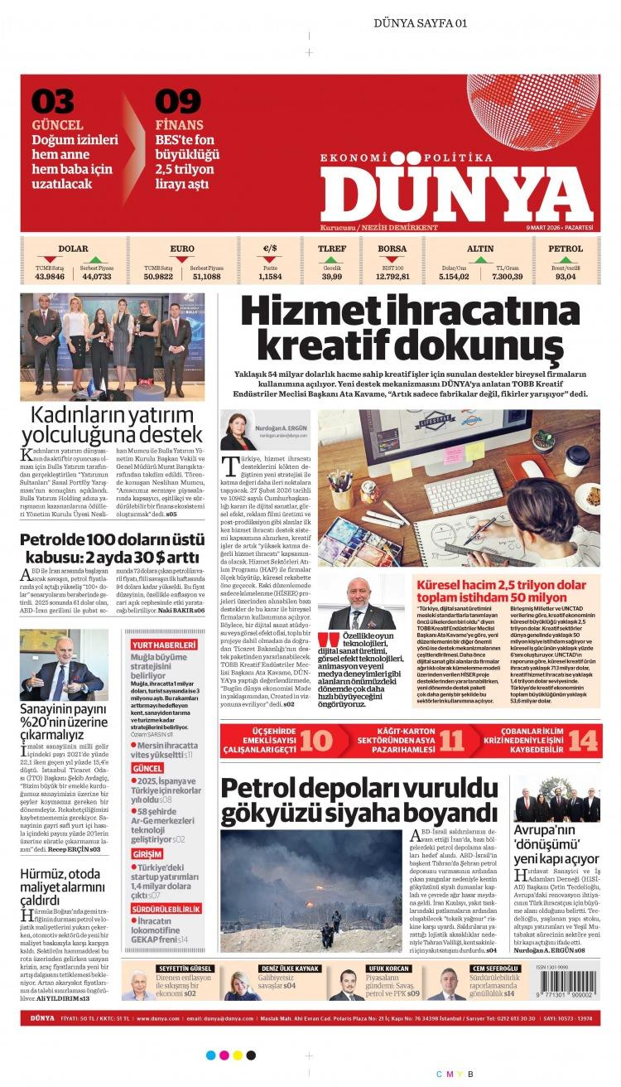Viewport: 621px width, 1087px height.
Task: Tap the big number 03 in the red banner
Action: coord(53,102)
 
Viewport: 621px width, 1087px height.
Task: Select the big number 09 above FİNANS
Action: coord(178,102)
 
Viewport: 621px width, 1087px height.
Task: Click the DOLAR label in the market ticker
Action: coord(73,248)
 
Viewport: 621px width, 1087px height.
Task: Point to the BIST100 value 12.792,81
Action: coord(392,276)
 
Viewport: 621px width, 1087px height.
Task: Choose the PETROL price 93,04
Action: coord(566,276)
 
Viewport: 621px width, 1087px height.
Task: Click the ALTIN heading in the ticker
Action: coord(480,248)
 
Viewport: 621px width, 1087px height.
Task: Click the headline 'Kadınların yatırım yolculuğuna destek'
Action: coord(112,423)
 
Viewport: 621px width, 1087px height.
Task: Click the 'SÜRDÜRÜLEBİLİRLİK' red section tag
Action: coord(166,908)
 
